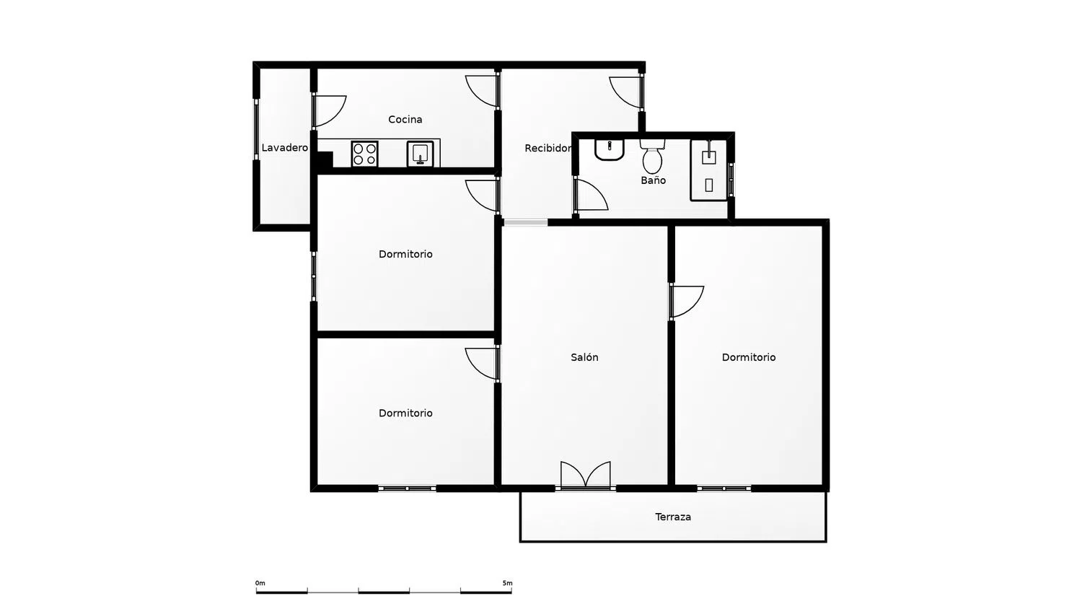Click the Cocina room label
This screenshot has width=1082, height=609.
pos(405,119)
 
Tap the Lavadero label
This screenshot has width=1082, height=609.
pos(284,148)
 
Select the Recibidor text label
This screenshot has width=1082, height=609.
pos(547,149)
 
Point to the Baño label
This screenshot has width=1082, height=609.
pos(653,180)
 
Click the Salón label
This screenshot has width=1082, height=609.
pos(584,357)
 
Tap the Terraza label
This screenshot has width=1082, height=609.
pos(673,517)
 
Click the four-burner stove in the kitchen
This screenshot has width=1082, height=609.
pos(365,154)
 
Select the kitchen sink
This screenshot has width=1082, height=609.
pos(421,154)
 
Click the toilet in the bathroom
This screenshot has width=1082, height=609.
pos(652,156)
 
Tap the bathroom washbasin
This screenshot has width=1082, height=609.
pos(609,150)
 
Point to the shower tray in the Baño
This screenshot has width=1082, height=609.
pos(708,170)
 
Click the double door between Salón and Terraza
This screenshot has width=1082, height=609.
pos(586,475)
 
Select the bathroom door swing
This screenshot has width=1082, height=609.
pos(591,196)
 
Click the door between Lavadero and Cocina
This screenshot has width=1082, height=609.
pos(330,111)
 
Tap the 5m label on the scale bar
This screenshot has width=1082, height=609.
pos(507,583)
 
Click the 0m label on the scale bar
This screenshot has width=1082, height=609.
pos(260,583)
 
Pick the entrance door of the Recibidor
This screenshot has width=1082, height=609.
pos(626,92)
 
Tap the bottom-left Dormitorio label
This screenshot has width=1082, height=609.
pos(405,413)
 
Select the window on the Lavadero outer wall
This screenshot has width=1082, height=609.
pos(257,129)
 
